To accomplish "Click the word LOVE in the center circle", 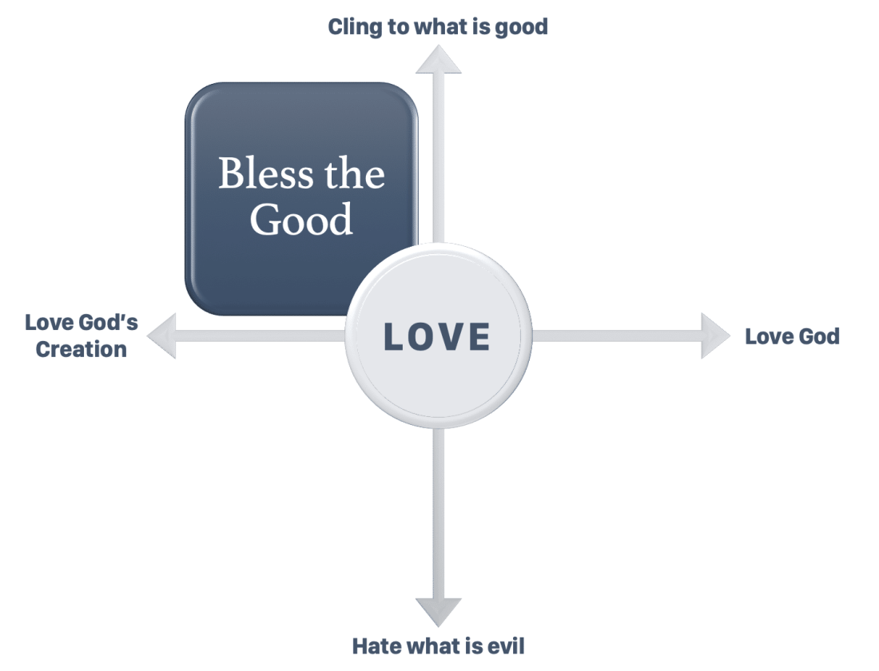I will coord(437,336).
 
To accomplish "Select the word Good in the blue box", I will coord(301,218).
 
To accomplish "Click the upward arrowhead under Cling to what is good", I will coord(438,60).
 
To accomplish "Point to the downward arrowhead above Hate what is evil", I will coord(438,611).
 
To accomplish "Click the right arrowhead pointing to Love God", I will coord(714,336).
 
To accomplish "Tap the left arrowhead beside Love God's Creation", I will coord(162,336).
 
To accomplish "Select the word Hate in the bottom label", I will coord(378,645).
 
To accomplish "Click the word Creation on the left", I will coord(82,349).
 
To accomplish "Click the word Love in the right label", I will coord(768,336).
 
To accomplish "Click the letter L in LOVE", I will coord(394,337).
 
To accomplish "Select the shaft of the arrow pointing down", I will coord(438,511).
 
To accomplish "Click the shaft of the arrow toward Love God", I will coord(615,336).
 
